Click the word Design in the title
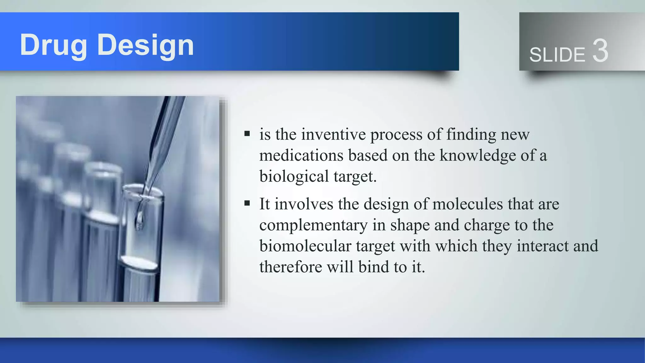[x=146, y=46]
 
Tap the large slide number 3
[x=600, y=51]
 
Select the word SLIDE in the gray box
[x=557, y=55]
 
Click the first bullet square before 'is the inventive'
[x=247, y=134]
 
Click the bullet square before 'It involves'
[x=247, y=203]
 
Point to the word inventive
[x=333, y=135]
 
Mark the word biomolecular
[x=305, y=246]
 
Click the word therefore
[x=290, y=267]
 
